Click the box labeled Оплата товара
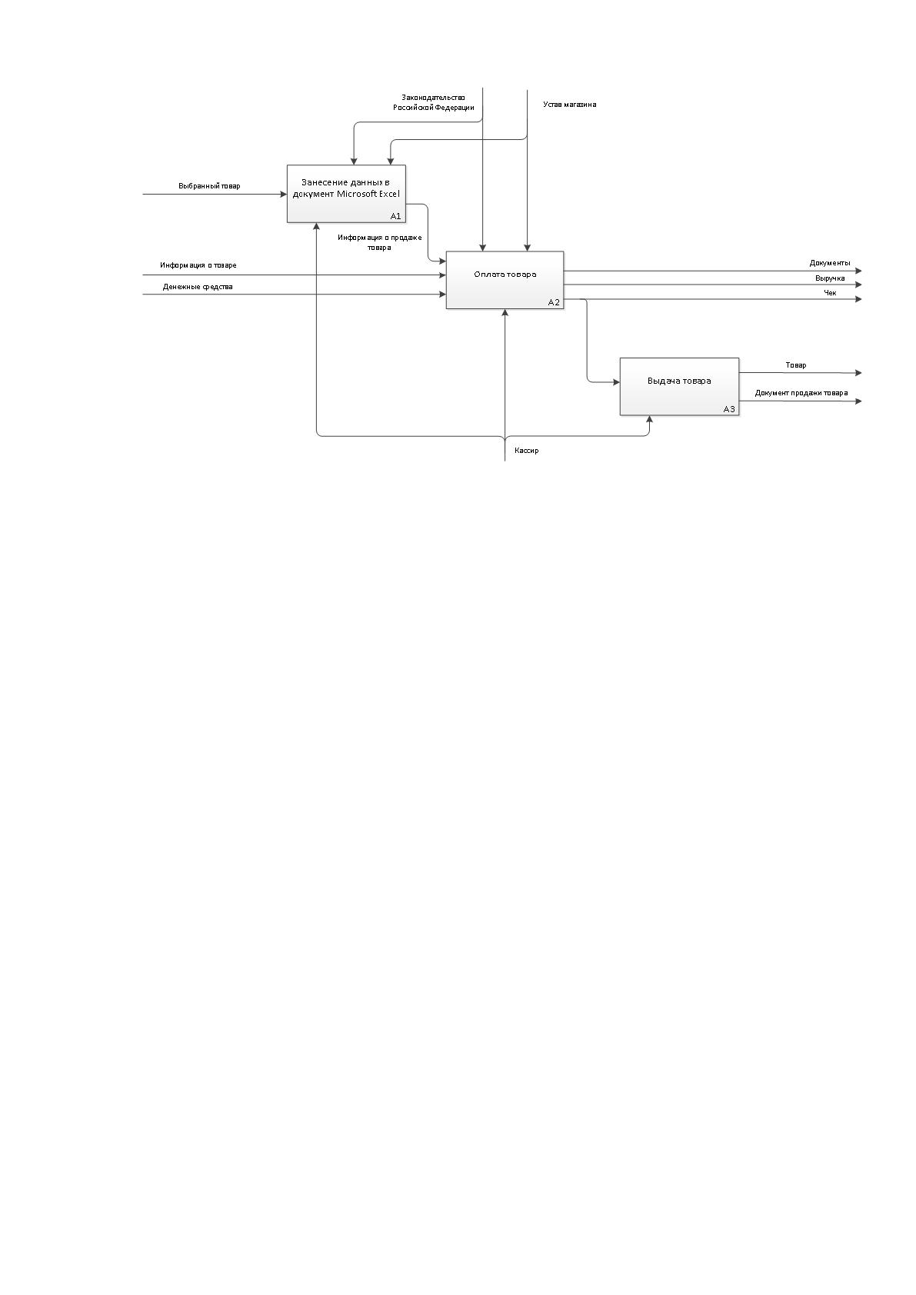point(505,280)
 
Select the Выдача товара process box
point(679,386)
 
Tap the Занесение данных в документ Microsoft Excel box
point(346,194)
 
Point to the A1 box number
point(395,216)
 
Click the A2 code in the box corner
point(554,302)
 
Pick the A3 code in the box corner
point(729,409)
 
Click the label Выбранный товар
point(209,186)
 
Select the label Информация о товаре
point(198,265)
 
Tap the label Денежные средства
point(198,287)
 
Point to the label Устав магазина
point(570,105)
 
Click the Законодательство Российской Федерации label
point(434,102)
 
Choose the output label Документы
point(830,263)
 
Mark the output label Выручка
point(831,278)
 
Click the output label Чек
point(831,293)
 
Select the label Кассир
point(527,451)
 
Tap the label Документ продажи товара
point(801,393)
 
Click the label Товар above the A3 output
point(796,365)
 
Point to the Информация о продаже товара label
point(380,242)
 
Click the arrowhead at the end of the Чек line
point(859,299)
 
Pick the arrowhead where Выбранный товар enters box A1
point(284,195)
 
